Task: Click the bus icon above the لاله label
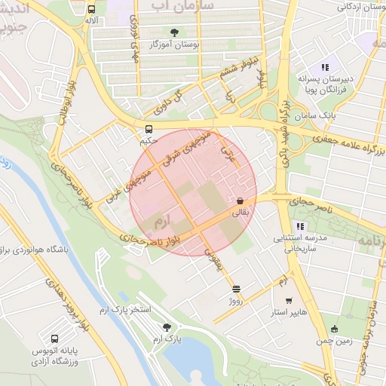pyautogui.click(x=91, y=10)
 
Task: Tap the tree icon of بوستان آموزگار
pyautogui.click(x=175, y=32)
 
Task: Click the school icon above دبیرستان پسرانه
pyautogui.click(x=326, y=67)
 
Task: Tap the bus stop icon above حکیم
pyautogui.click(x=149, y=128)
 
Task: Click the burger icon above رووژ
pyautogui.click(x=237, y=289)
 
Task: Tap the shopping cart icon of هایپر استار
pyautogui.click(x=289, y=300)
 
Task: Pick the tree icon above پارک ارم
pyautogui.click(x=167, y=327)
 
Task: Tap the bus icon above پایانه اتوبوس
pyautogui.click(x=55, y=339)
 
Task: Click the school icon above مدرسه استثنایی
pyautogui.click(x=300, y=225)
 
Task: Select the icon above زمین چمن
pyautogui.click(x=335, y=329)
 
